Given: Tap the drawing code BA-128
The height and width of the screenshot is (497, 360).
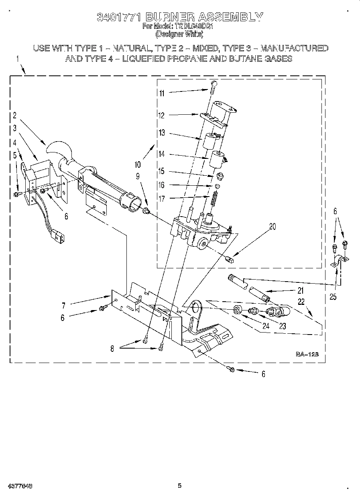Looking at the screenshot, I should pos(307,354).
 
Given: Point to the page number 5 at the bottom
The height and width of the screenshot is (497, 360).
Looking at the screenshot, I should pos(180,486).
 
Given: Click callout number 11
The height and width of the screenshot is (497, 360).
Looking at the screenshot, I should pos(162,93).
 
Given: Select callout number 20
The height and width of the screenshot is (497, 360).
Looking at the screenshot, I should pos(273,227).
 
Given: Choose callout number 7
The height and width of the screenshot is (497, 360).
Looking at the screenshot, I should pos(63,306).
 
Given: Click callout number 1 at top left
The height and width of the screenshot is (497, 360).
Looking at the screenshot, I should pos(18,59).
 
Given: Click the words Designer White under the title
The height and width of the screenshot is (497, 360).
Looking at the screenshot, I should pos(179,34).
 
